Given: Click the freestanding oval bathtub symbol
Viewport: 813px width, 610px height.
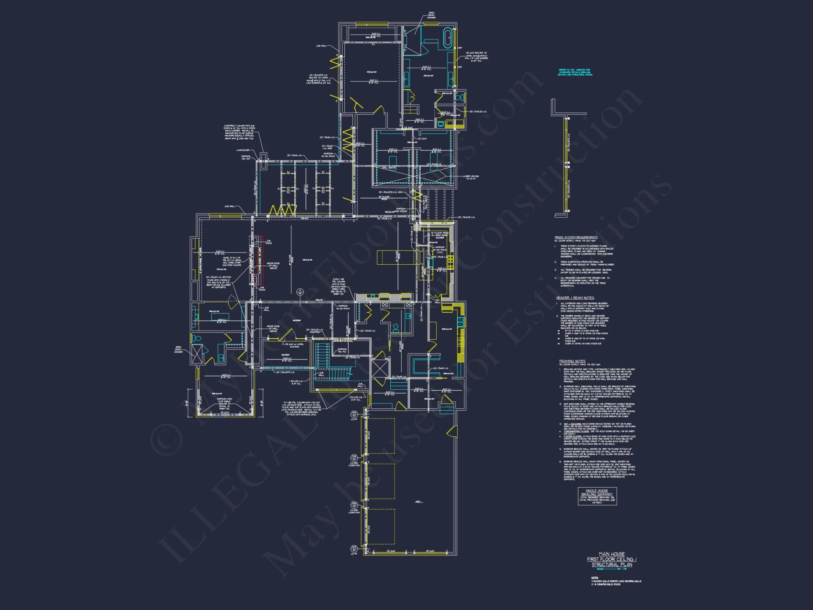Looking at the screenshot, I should (x=448, y=38).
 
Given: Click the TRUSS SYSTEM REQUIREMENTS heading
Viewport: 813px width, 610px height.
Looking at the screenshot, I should (x=576, y=237).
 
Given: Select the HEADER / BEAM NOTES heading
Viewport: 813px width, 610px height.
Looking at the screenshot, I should (x=575, y=298).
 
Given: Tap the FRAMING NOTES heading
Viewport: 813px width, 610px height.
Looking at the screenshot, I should (x=572, y=361).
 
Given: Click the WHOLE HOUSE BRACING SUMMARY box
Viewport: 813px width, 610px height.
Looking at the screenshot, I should (x=597, y=496).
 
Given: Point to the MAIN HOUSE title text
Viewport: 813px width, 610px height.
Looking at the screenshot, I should (x=611, y=554).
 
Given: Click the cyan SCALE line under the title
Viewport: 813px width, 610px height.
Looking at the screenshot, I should (x=611, y=569).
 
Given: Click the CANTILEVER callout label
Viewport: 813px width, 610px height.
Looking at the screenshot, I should (x=243, y=150).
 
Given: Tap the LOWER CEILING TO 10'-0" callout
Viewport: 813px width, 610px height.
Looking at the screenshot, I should (x=472, y=177).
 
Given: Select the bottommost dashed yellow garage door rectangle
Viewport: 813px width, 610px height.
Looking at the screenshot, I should (x=381, y=527).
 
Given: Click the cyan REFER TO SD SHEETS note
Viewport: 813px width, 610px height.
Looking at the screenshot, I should (x=575, y=72).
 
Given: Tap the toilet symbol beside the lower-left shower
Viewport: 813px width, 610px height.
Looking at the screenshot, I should (x=197, y=338).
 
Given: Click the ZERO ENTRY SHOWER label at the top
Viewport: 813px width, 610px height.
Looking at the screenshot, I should (x=431, y=15).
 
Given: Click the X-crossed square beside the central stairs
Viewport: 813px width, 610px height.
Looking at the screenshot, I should (x=380, y=368).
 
